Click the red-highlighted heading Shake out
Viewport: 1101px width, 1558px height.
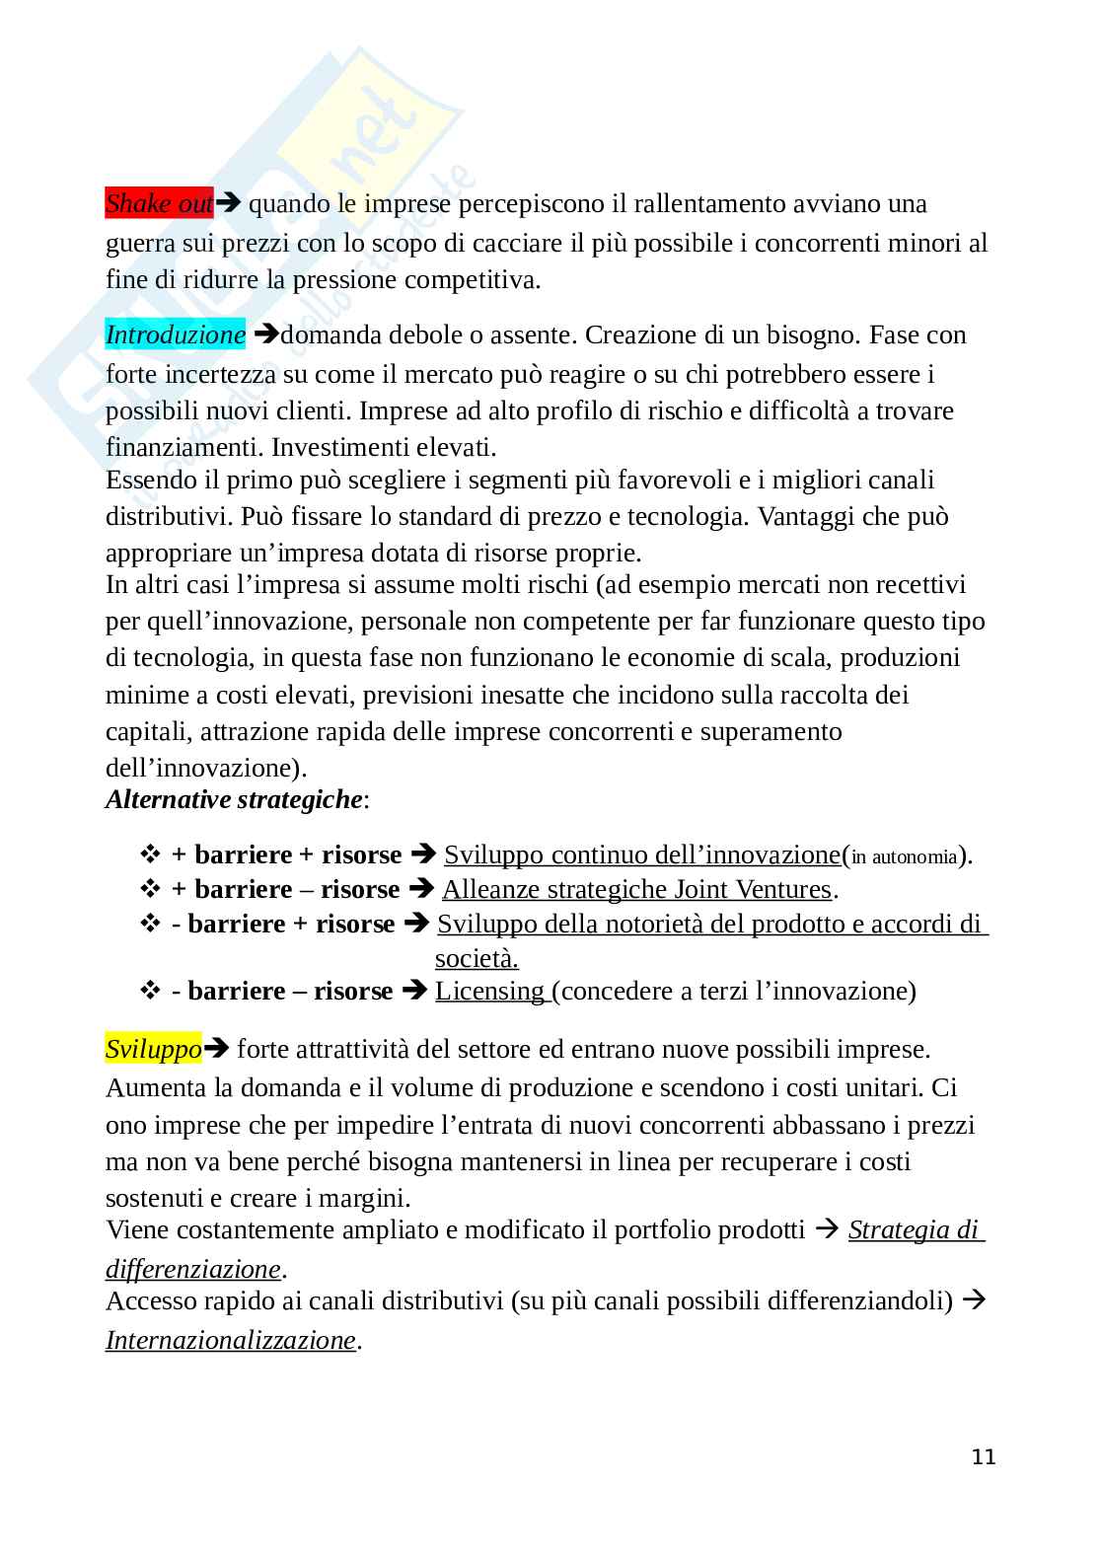point(159,204)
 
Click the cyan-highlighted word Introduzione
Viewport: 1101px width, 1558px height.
point(175,335)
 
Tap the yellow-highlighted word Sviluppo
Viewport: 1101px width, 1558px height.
point(153,1049)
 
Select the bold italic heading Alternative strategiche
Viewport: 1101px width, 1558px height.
point(234,799)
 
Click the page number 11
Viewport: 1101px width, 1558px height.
point(984,1457)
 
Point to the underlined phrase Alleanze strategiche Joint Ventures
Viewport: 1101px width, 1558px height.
point(636,890)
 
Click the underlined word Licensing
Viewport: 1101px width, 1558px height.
point(490,991)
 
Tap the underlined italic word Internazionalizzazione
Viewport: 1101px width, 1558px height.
point(230,1340)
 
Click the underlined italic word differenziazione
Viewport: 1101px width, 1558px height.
point(193,1268)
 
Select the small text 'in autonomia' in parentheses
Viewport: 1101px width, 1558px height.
point(904,857)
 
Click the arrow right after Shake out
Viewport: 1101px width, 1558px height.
point(229,204)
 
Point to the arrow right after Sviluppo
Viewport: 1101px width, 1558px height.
point(217,1049)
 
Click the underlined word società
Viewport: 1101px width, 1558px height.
point(477,958)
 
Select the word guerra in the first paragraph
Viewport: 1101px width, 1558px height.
point(136,243)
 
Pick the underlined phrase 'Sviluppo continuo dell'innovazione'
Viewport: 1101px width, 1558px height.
point(642,854)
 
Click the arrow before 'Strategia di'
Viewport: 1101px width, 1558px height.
point(829,1230)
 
